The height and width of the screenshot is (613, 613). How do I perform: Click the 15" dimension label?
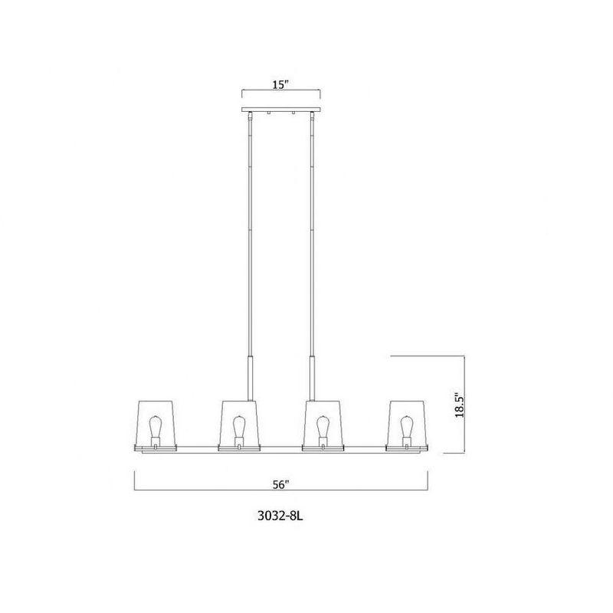point(280,84)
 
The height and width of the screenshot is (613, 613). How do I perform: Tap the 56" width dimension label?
point(280,484)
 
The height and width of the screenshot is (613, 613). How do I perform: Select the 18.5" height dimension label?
point(459,404)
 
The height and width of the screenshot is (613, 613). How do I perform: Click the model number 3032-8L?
point(281,518)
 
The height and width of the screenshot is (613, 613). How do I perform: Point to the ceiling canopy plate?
point(280,112)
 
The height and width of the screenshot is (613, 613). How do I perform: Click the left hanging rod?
point(249,230)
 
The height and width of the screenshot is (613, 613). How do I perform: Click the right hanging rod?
point(312,230)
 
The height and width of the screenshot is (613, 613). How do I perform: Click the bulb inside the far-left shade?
point(156,425)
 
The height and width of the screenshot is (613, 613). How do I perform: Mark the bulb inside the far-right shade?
point(406,425)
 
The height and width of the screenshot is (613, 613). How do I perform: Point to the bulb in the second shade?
point(239,425)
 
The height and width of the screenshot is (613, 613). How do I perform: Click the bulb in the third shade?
point(323,425)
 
